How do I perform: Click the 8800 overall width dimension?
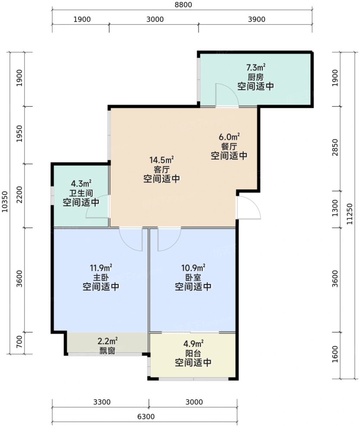pos(183,5)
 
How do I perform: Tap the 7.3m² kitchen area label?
pos(256,67)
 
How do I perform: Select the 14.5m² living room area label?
pos(162,160)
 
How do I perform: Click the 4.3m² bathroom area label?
pos(81,183)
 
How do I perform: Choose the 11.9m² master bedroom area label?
pos(101,268)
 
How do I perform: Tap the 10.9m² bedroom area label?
pos(193,268)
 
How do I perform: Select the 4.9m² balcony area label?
pos(193,344)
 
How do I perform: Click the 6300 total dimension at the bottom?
pos(146,417)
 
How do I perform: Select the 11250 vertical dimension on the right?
pos(350,214)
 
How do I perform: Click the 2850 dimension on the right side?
pos(335,147)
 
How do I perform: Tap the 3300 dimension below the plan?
pos(102,402)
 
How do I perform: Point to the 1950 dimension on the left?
pos(19,133)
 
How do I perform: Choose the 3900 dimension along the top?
pos(257,19)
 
